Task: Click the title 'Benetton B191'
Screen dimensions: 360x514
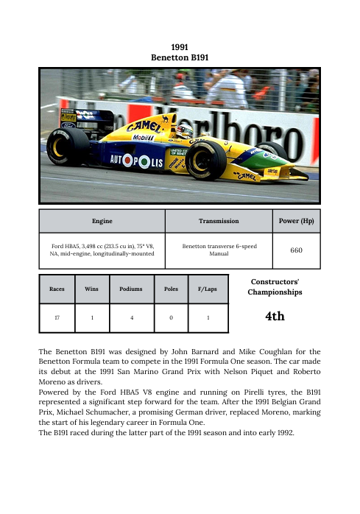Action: click(180, 56)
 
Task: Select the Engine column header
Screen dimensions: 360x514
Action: click(102, 220)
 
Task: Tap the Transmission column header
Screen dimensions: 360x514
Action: click(218, 220)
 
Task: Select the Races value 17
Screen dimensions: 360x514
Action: click(56, 317)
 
